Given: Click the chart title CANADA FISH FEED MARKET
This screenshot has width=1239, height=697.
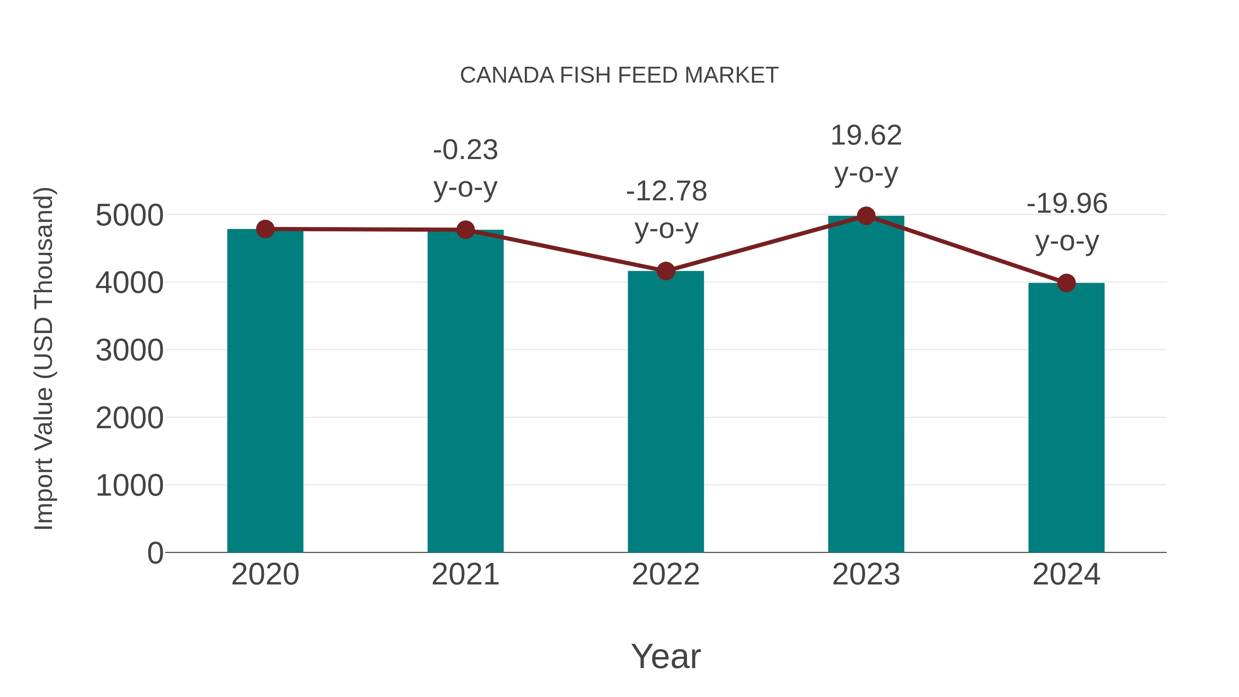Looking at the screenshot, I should click(x=619, y=75).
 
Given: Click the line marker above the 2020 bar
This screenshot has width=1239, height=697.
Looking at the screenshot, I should click(x=265, y=229).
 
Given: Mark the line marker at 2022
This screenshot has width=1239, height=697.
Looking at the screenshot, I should click(x=666, y=271).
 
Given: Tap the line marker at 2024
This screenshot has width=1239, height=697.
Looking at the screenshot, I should click(x=1066, y=283).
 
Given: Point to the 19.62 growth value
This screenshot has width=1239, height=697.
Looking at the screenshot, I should click(x=866, y=136).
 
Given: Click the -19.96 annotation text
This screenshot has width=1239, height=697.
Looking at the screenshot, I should click(x=1067, y=204).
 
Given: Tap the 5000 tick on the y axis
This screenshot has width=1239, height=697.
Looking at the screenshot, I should click(x=129, y=215).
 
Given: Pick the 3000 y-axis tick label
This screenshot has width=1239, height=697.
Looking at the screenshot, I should click(x=129, y=351).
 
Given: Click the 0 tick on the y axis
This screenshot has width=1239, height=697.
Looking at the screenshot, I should click(x=155, y=553).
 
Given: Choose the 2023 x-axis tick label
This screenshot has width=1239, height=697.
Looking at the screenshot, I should click(x=866, y=574).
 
